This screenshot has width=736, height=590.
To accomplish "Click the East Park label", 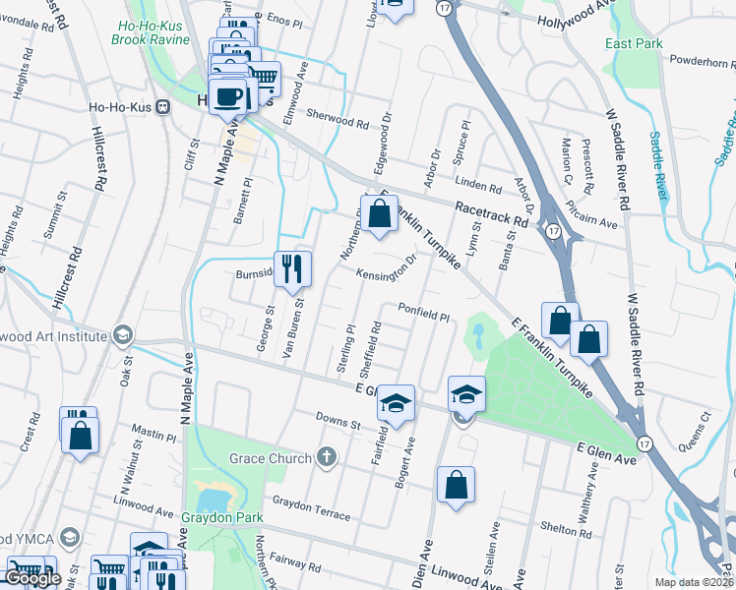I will click(634, 43).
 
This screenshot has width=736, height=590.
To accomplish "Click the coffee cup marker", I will click(228, 96).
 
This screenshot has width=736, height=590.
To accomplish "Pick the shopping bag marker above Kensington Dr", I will click(379, 212).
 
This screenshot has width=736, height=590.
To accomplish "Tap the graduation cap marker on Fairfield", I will click(396, 403).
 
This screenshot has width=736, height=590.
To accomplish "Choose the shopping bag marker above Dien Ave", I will click(456, 485).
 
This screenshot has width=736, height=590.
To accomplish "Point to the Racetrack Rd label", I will click(491, 214).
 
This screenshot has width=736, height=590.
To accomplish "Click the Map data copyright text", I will click(695, 581).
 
